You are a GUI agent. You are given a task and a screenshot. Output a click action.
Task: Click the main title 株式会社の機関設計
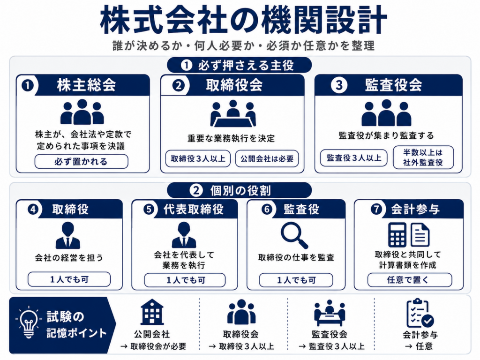(x=243, y=20)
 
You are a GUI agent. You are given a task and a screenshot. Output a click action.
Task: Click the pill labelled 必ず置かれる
(x=81, y=161)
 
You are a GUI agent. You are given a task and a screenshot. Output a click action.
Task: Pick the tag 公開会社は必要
(x=267, y=158)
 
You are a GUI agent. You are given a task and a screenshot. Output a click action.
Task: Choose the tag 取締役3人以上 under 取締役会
(x=198, y=158)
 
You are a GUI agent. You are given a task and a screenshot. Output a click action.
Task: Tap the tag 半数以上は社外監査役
(x=423, y=157)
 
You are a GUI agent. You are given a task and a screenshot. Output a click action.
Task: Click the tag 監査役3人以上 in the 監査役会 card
(x=353, y=158)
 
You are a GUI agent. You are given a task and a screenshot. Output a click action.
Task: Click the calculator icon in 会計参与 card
(x=397, y=235)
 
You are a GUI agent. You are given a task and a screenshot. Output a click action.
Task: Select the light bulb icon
(x=29, y=322)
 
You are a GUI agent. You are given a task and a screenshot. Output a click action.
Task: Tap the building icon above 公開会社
(x=152, y=312)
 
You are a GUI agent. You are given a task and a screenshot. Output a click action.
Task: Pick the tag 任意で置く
(x=410, y=280)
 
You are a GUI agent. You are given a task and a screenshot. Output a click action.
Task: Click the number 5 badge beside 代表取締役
(x=149, y=210)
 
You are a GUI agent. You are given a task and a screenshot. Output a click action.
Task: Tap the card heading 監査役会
(x=394, y=85)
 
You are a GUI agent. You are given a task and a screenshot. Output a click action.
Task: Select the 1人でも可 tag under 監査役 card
(x=296, y=280)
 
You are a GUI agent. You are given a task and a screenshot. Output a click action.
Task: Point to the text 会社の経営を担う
(x=69, y=258)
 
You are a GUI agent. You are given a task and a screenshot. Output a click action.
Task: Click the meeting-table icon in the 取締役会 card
(x=233, y=113)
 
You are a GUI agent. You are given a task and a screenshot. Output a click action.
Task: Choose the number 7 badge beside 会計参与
(x=376, y=210)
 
